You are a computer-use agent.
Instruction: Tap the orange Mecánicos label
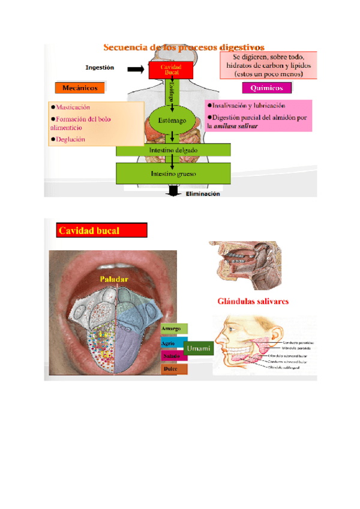[80, 88]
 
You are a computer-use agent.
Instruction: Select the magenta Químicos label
[266, 88]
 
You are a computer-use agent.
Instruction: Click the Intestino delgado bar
[173, 149]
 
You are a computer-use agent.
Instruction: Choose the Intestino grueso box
[173, 173]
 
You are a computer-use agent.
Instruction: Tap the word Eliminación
[203, 194]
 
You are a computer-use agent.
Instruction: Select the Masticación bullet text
[73, 107]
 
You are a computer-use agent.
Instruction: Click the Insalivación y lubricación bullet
[245, 106]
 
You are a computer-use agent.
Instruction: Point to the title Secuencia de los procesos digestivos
[184, 47]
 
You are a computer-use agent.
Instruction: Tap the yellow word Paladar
[115, 279]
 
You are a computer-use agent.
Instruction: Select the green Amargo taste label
[174, 329]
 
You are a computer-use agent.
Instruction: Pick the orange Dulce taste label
[174, 369]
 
